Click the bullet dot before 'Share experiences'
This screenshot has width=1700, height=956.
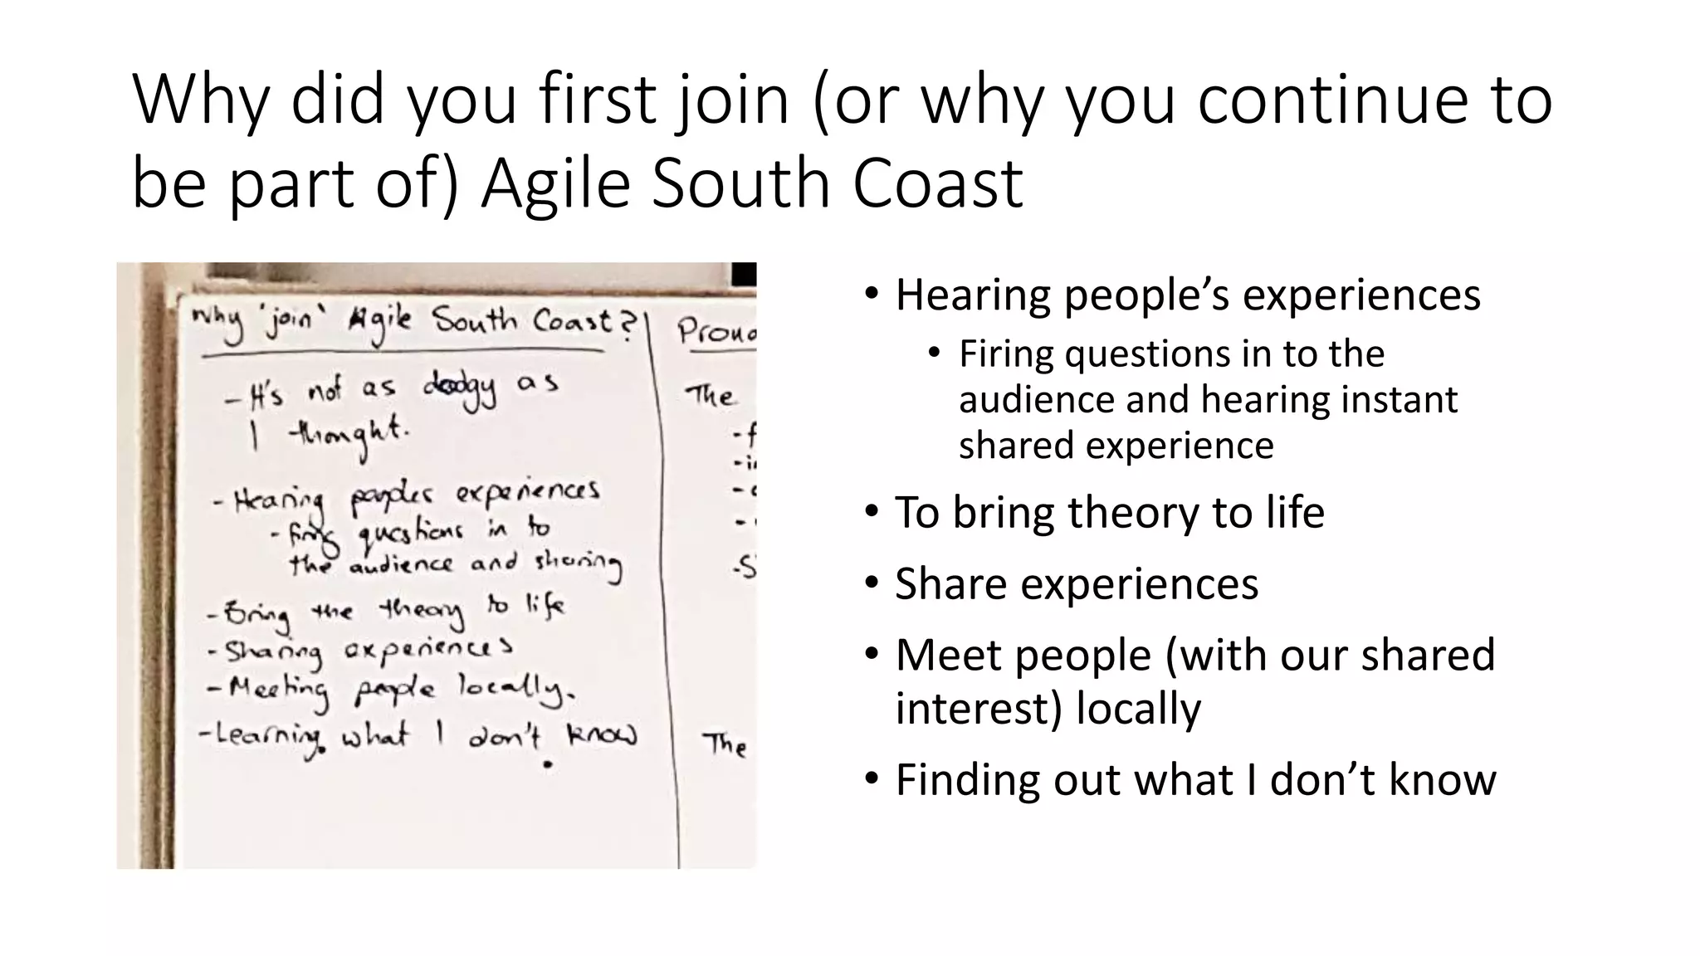pyautogui.click(x=871, y=583)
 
